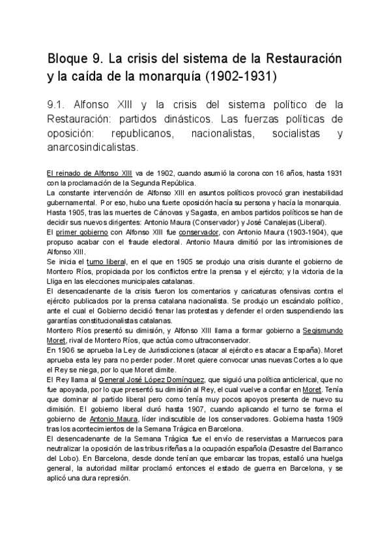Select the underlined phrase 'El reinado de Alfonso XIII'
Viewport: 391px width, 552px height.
pyautogui.click(x=91, y=173)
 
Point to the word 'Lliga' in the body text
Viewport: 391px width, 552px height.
pyautogui.click(x=57, y=281)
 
